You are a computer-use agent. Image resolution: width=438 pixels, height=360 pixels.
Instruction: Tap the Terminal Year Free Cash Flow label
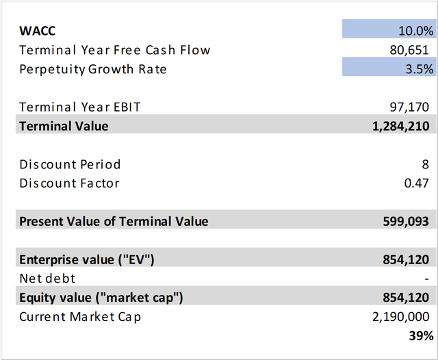(x=115, y=50)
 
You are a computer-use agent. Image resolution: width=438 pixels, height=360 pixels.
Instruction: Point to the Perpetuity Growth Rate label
(x=93, y=69)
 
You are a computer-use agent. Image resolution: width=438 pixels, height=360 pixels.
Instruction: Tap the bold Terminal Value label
(x=64, y=126)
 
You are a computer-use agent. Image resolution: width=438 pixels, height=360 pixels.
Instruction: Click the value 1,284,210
(x=402, y=126)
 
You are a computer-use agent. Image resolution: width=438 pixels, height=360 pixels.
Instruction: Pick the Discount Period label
(x=70, y=164)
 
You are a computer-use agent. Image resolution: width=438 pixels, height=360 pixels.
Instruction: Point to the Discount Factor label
(x=69, y=183)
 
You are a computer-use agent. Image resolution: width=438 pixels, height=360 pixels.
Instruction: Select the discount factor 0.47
(x=420, y=183)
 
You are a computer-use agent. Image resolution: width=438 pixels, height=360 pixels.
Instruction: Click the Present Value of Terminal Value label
(x=114, y=221)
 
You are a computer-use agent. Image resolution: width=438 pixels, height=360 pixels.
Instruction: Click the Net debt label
(x=47, y=279)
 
